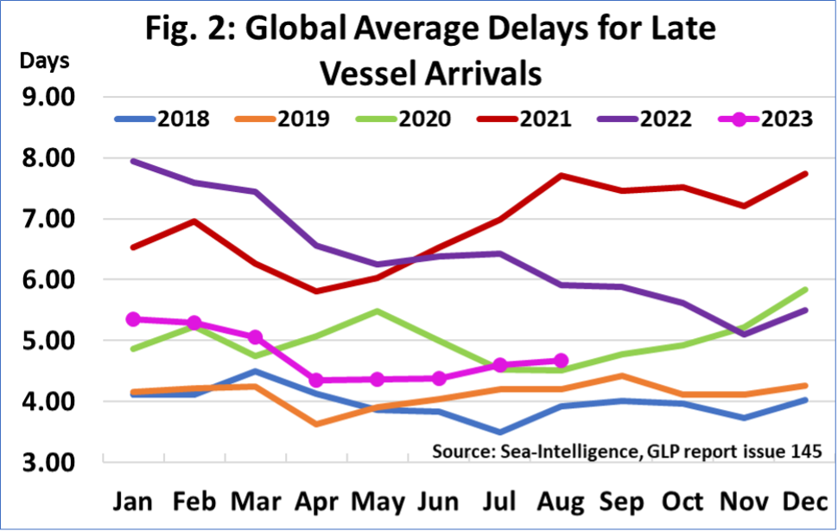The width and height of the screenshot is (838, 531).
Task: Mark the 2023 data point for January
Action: click(x=133, y=319)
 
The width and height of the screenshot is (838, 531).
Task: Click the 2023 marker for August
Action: click(x=560, y=360)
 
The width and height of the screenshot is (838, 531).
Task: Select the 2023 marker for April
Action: click(x=316, y=380)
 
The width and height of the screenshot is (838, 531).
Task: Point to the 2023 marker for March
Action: click(x=255, y=336)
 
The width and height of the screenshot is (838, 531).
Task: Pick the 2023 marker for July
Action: click(x=499, y=365)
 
